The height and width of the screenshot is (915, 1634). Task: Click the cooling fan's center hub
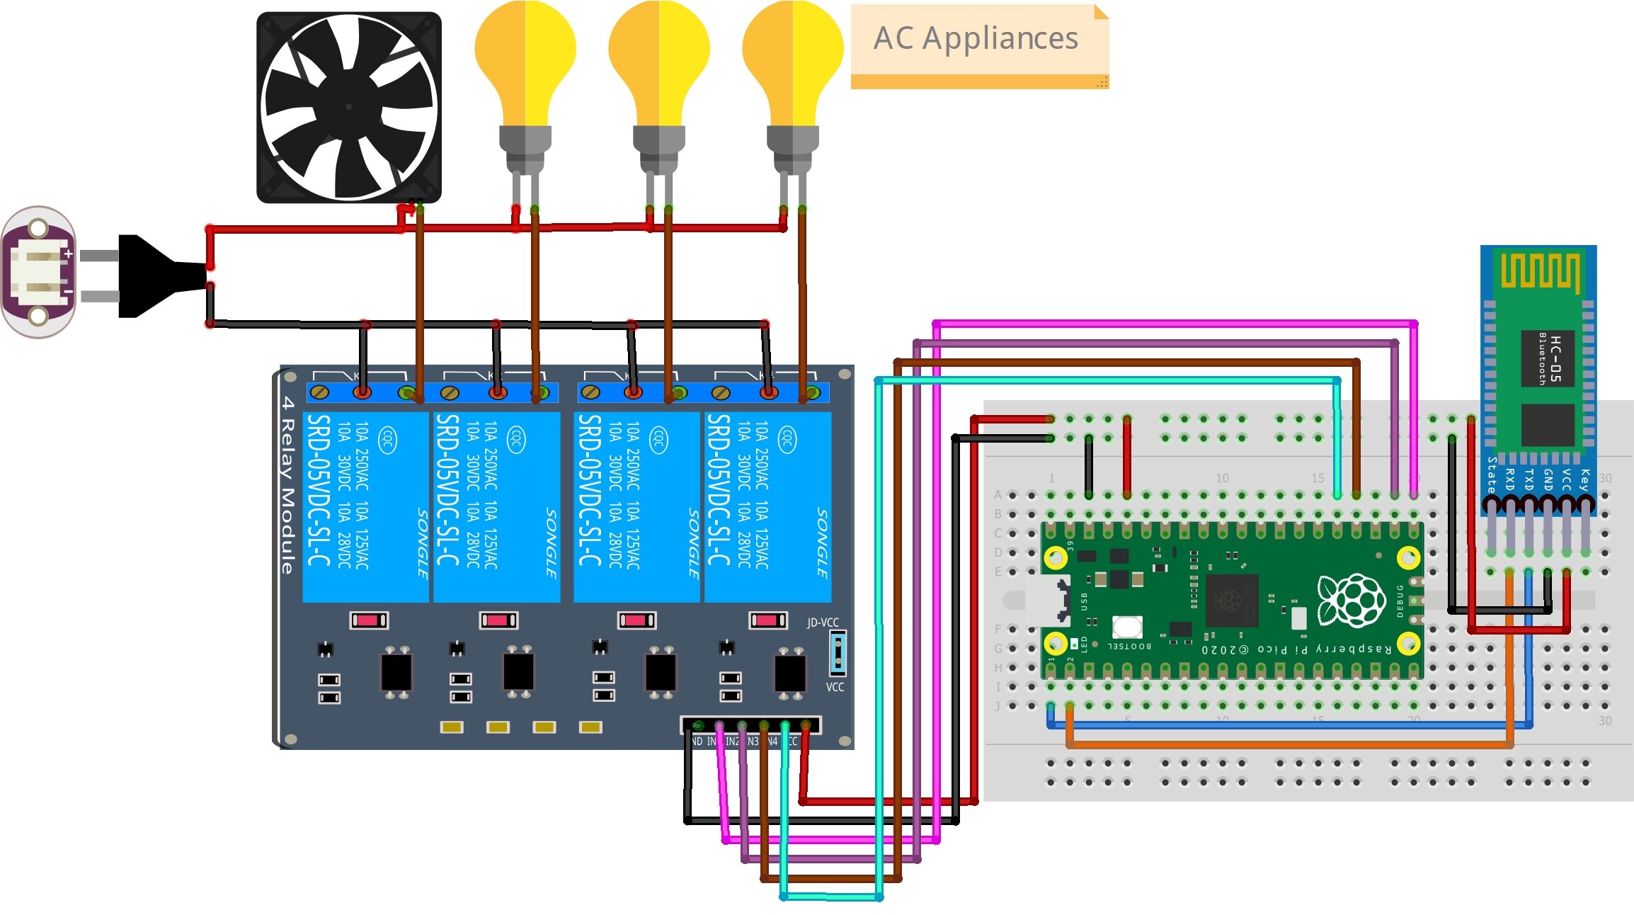(348, 107)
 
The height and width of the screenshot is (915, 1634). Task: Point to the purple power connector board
(40, 272)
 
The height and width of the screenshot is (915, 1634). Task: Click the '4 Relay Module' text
(287, 485)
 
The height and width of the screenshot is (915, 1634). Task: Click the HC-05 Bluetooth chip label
(1548, 358)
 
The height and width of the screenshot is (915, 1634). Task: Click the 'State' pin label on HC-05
(1491, 474)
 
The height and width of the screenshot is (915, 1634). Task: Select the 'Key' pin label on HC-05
(1584, 479)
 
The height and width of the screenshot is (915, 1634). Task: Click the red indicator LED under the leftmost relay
(368, 620)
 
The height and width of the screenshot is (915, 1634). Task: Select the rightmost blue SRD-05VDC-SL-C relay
(767, 506)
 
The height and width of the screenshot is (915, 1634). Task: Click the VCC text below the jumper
(835, 687)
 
